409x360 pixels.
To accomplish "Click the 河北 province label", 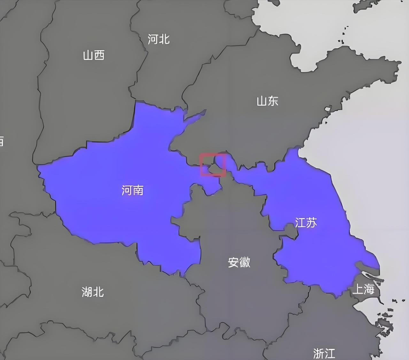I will click(158, 39).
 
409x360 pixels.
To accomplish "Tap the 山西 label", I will click(94, 55).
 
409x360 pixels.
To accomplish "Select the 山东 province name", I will click(267, 101).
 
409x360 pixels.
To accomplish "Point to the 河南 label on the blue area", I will click(132, 190).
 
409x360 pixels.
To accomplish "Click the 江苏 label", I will click(306, 222).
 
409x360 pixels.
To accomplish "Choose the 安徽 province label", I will click(239, 262).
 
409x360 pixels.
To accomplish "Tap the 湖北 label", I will click(93, 292).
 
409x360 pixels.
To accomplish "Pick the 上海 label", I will click(363, 289).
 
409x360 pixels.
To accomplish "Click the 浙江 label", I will click(324, 353).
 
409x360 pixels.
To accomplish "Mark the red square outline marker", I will click(213, 165).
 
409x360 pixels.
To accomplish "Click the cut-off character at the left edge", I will click(1, 141).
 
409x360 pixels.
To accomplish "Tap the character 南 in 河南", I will click(138, 190).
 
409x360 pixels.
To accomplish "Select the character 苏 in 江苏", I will click(312, 222).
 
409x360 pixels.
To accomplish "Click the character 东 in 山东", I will click(273, 101).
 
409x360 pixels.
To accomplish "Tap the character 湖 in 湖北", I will click(87, 292).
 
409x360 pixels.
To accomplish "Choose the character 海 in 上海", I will click(369, 289).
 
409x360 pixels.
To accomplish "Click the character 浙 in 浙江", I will click(319, 353).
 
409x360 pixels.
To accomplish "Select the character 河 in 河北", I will click(153, 39).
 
